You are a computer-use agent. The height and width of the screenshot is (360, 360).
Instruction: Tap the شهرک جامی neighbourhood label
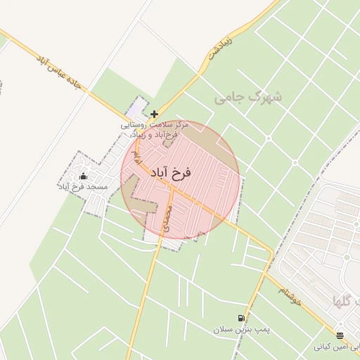pyautogui.click(x=247, y=98)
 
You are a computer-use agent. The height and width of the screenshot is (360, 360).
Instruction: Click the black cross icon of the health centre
pyautogui.click(x=154, y=114)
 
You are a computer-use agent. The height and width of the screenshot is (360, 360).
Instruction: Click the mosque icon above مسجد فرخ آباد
pyautogui.click(x=84, y=176)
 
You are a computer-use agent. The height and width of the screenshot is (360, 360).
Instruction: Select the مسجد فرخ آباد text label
pyautogui.click(x=83, y=188)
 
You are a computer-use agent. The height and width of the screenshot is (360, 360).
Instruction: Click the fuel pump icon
pyautogui.click(x=242, y=318)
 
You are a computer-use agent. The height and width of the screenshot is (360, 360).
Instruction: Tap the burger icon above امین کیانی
pyautogui.click(x=340, y=335)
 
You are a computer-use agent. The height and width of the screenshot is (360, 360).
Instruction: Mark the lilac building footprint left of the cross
pyautogui.click(x=134, y=112)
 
